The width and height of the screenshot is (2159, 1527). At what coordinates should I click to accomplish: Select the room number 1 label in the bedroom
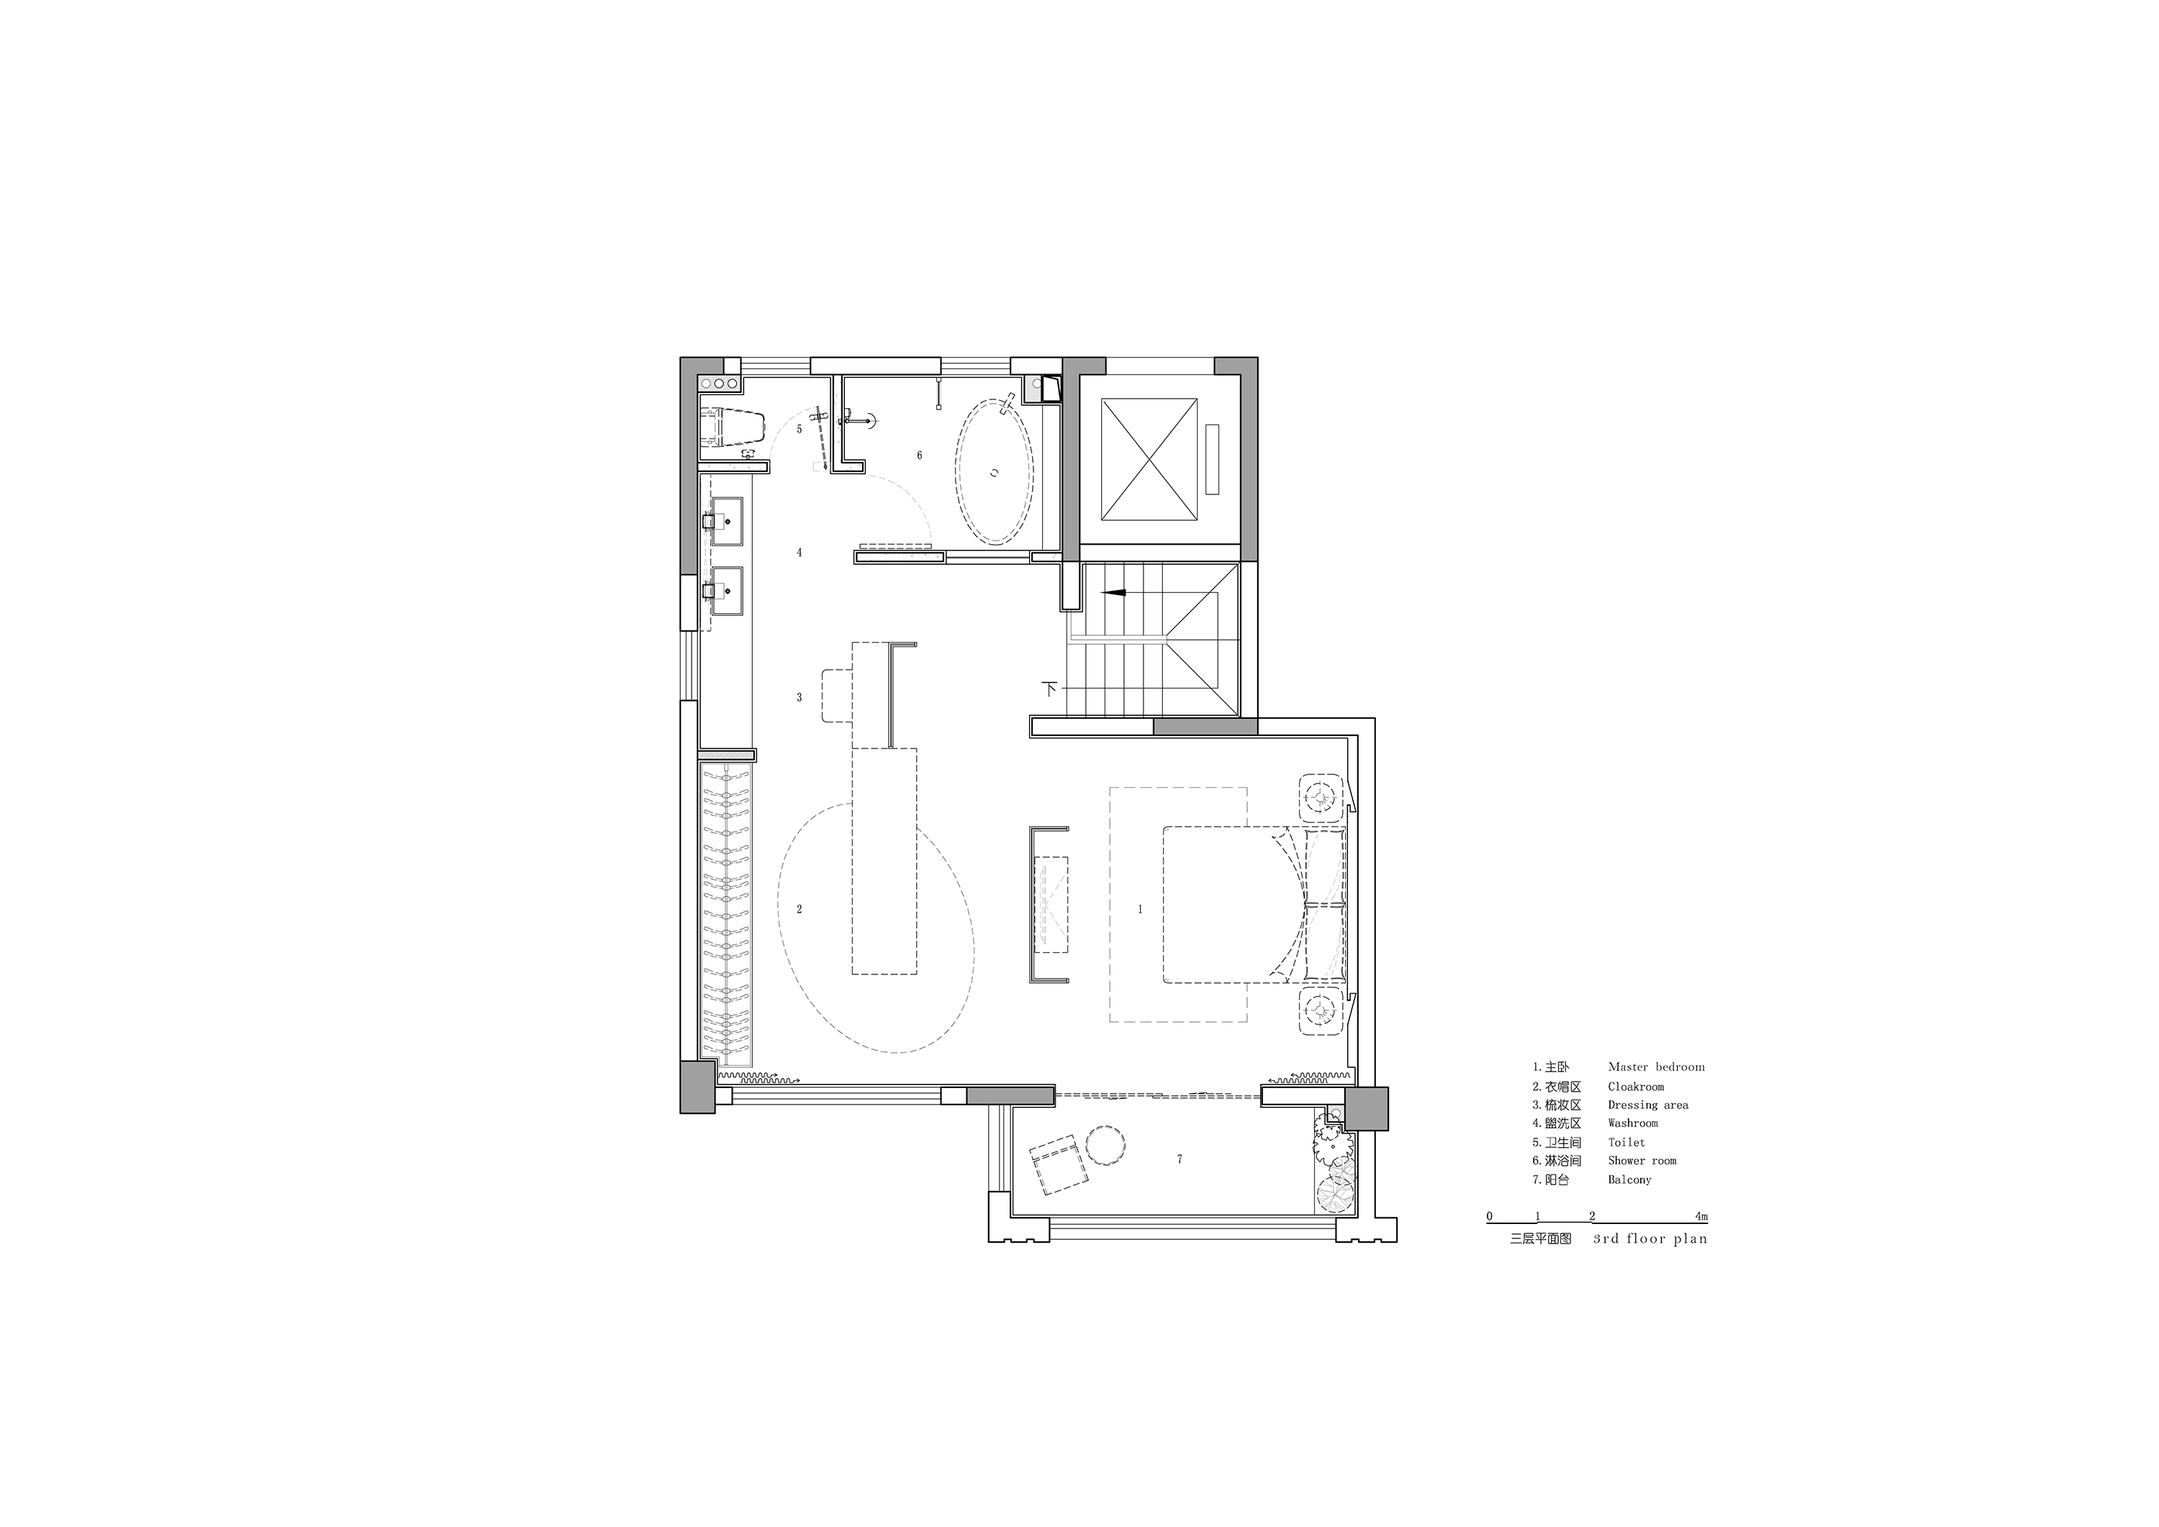[1141, 910]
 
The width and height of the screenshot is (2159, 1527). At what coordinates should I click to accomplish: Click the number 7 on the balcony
[1180, 1159]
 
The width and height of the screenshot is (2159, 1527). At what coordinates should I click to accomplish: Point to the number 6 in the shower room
[920, 455]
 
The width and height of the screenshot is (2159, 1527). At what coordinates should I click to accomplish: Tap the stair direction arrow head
[1113, 593]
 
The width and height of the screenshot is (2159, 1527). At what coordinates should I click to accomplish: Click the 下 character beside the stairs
[1051, 688]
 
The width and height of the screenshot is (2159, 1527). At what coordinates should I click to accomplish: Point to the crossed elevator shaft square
[1150, 459]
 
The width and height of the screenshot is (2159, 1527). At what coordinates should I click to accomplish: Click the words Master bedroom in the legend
[1656, 1067]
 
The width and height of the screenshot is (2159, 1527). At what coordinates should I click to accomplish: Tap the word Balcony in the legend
[1629, 1179]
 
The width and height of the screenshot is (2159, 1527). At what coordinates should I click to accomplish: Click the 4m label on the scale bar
[1702, 1215]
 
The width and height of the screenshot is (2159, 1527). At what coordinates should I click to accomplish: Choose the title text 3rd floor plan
[1650, 1238]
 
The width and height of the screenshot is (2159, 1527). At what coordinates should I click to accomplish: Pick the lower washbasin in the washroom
[728, 591]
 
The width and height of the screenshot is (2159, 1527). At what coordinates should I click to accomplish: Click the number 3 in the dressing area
[800, 698]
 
